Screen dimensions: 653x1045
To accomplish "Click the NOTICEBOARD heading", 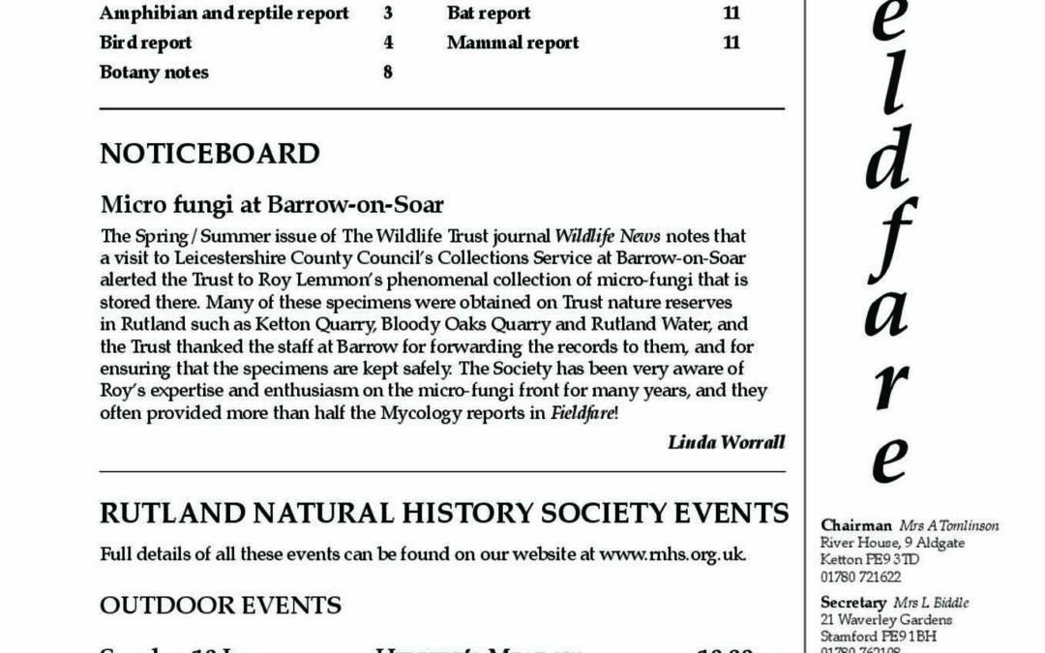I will (209, 154).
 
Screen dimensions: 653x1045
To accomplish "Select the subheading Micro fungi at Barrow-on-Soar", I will (271, 205).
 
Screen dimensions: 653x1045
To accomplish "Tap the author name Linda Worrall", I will (726, 442).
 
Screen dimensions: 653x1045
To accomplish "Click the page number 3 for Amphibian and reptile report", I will (387, 14).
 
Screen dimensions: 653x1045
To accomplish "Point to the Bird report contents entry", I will (145, 43).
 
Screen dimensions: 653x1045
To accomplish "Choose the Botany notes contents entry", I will (154, 72).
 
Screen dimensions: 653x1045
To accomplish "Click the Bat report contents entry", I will (489, 14).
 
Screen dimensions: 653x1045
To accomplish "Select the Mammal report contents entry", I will (513, 43).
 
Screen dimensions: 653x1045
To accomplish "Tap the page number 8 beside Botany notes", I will (387, 72).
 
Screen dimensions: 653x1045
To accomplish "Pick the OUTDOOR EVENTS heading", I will (221, 606).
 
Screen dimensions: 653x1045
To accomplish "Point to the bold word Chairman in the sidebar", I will (855, 525).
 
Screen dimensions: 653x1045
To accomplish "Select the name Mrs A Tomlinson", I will (948, 525).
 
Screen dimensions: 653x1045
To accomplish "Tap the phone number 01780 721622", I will (860, 577).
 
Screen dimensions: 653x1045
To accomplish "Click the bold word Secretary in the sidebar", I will (853, 603).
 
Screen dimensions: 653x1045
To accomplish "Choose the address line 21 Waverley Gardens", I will (885, 619).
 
